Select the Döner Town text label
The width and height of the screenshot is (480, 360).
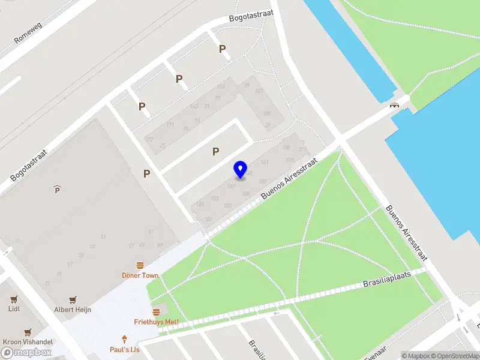140,275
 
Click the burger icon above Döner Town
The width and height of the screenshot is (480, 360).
140,265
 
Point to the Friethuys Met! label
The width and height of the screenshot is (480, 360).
156,322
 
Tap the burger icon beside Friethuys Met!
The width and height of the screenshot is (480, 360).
157,312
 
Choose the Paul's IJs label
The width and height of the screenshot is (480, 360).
125,349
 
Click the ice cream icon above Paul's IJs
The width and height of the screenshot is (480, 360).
125,338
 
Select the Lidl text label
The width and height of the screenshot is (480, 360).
14,309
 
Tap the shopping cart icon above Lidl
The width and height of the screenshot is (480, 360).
14,299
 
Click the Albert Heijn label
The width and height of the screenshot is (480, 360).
73,309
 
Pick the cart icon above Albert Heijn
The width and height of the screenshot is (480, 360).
73,299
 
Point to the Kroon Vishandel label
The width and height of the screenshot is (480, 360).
28,341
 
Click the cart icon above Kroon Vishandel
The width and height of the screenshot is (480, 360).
28,331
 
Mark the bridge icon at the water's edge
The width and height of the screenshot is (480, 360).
395,106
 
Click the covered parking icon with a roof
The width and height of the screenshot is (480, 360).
57,190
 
